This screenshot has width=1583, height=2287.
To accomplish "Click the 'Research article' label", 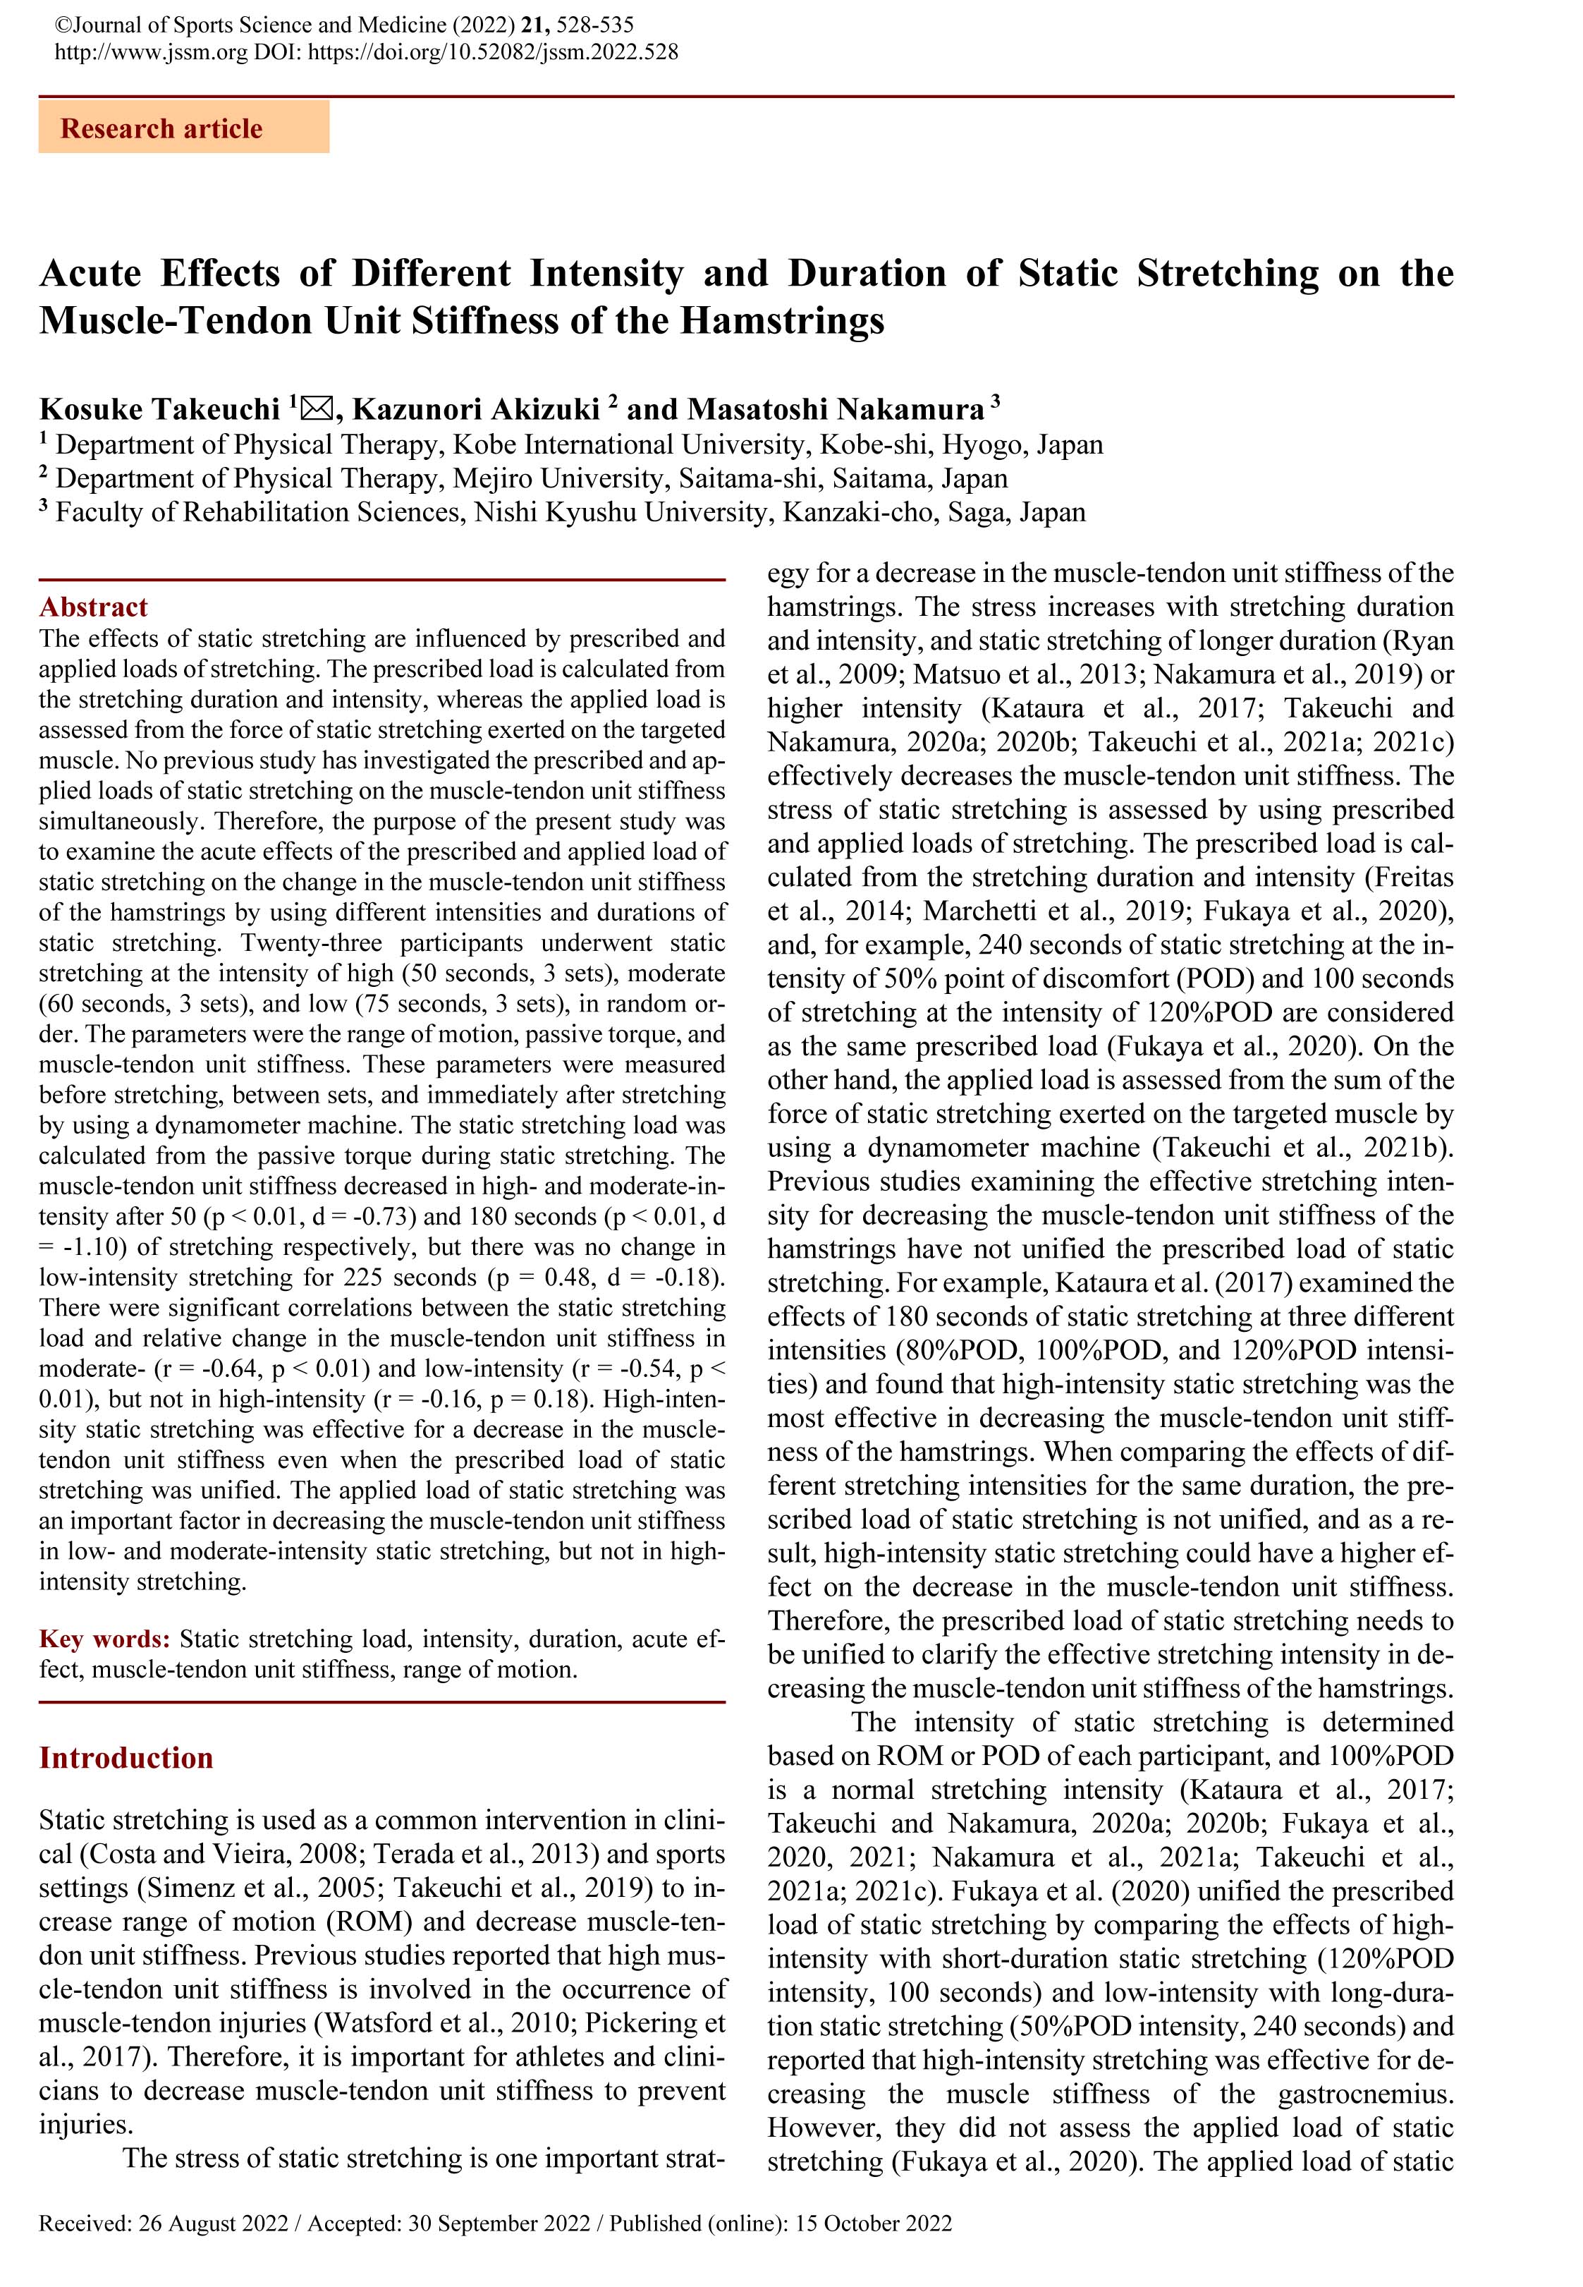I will pyautogui.click(x=161, y=129).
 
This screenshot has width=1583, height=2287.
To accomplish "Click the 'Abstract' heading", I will pyautogui.click(x=93, y=607).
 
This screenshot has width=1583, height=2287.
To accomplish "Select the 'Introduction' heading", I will pyautogui.click(x=126, y=1757).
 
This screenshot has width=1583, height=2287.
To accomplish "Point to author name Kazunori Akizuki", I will pyautogui.click(x=476, y=408).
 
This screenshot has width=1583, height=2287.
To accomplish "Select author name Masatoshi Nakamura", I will pyautogui.click(x=835, y=408).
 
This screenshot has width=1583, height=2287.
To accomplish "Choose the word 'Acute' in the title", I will pyautogui.click(x=90, y=273).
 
